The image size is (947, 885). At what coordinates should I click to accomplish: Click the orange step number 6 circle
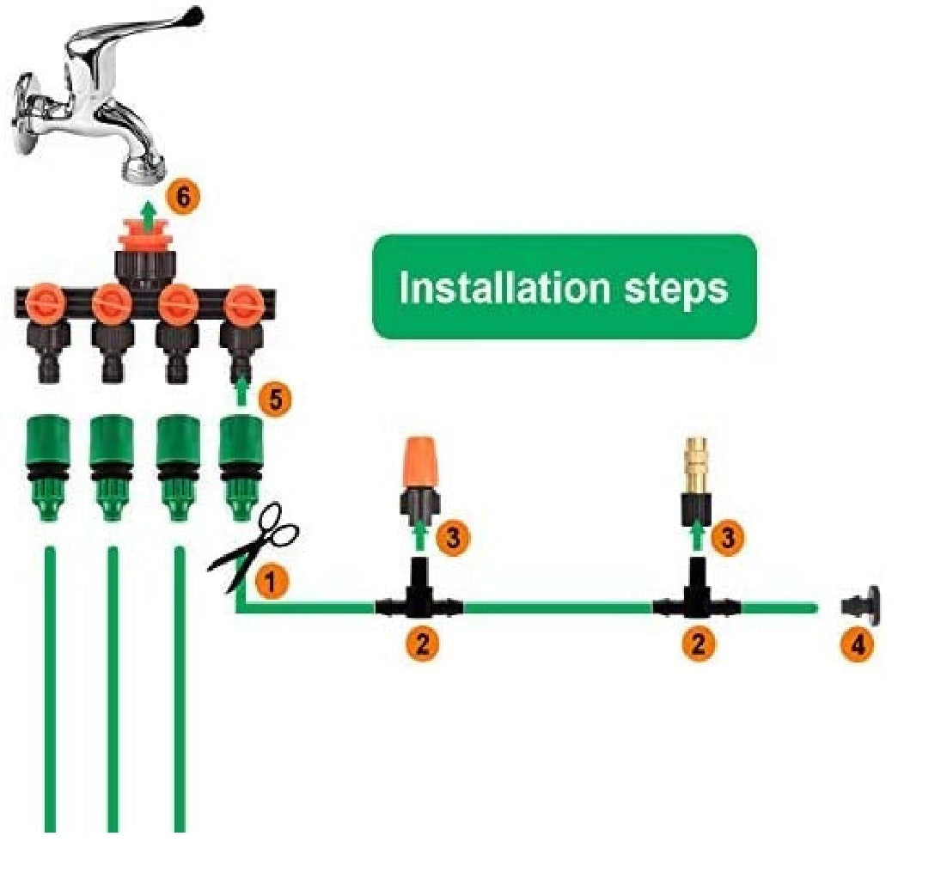(x=182, y=197)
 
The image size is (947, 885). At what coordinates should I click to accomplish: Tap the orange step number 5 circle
(x=275, y=399)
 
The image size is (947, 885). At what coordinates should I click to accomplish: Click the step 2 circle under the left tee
(x=421, y=644)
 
